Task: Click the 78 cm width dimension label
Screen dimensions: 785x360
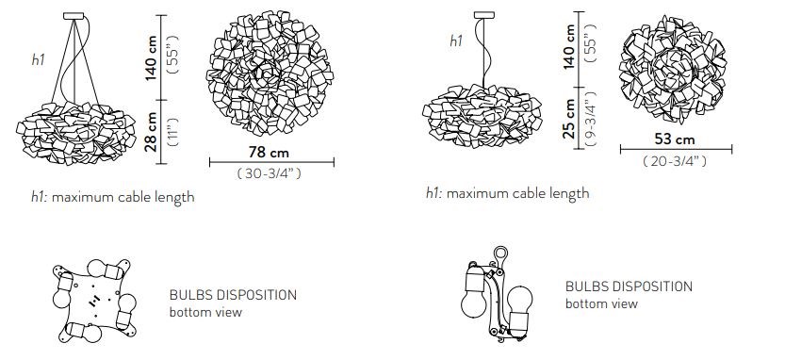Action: tap(269, 152)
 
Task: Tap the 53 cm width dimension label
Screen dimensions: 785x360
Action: tap(675, 139)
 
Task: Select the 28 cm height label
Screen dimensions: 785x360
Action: tap(151, 131)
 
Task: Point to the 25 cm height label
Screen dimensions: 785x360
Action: tap(569, 118)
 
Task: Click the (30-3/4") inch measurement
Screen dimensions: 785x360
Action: tap(269, 173)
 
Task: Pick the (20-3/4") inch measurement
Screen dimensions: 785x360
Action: tap(675, 161)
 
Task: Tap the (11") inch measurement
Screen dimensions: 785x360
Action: tap(173, 132)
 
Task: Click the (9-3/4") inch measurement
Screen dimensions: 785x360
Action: tap(591, 119)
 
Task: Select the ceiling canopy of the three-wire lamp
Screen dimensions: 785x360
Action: tap(74, 16)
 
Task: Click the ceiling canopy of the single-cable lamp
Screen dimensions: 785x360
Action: tap(484, 15)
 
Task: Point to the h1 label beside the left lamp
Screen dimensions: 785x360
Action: tap(39, 59)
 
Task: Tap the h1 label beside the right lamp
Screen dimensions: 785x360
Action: tap(456, 41)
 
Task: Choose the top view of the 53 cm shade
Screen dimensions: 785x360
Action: tap(672, 69)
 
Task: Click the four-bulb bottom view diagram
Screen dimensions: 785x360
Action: tap(94, 301)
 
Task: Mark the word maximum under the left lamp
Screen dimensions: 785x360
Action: tap(83, 197)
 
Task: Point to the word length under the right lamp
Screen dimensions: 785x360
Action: tap(570, 194)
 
